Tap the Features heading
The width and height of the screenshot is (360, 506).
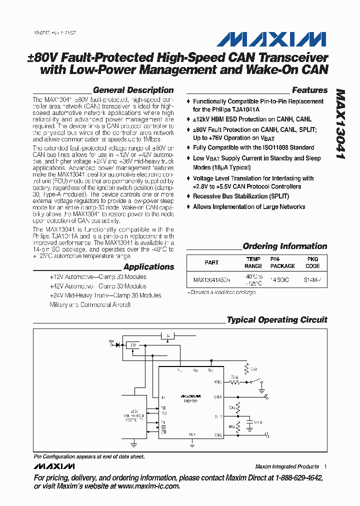click(x=309, y=90)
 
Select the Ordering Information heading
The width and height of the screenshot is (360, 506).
click(x=284, y=246)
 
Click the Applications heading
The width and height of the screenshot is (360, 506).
click(x=148, y=267)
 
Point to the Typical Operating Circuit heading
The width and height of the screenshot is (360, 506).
click(x=276, y=320)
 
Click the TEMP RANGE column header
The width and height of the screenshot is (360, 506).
click(x=253, y=262)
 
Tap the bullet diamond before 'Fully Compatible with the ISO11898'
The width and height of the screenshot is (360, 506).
click(x=188, y=148)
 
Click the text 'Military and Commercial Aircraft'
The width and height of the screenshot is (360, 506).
click(x=90, y=304)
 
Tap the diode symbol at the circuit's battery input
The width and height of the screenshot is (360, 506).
click(x=118, y=344)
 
